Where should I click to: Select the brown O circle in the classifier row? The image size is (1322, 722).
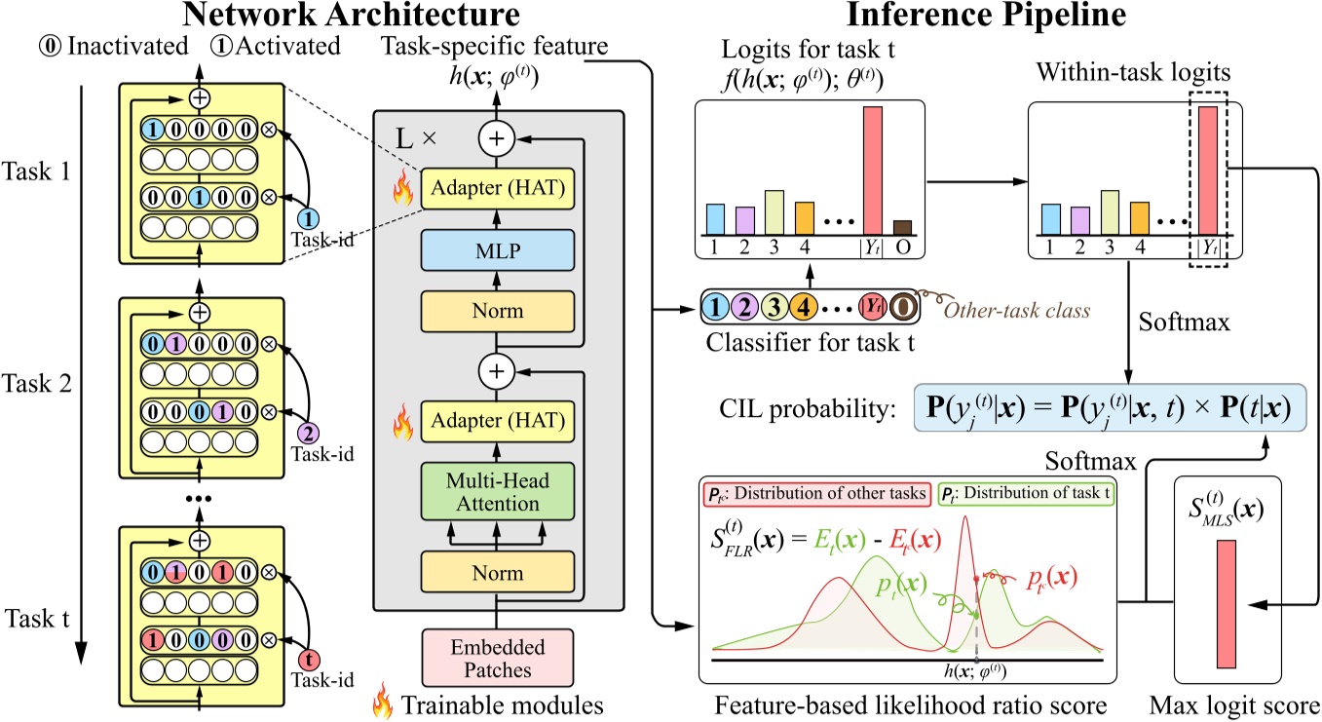tap(905, 305)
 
